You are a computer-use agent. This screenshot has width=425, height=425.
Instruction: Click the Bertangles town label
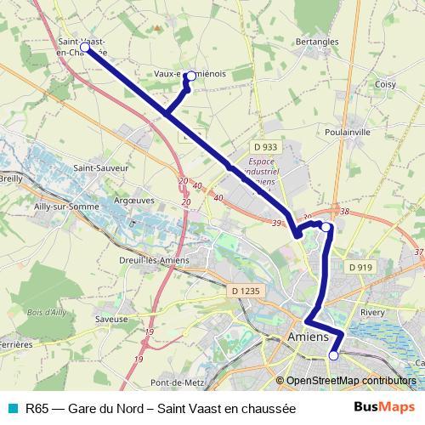click(316, 41)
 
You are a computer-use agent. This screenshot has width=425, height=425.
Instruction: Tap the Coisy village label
click(386, 84)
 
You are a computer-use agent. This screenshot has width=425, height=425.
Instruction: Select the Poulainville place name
click(348, 133)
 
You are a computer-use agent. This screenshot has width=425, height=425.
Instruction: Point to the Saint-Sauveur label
click(100, 168)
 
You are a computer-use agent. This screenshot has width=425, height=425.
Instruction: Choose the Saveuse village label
click(111, 320)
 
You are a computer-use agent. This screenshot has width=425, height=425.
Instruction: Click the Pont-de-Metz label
click(174, 382)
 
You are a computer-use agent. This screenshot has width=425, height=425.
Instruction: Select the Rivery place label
click(372, 313)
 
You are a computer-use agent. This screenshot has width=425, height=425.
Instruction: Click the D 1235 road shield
click(245, 292)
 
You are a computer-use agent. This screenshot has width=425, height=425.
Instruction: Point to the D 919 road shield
click(360, 267)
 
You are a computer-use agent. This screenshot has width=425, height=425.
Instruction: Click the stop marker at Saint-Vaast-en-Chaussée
click(85, 48)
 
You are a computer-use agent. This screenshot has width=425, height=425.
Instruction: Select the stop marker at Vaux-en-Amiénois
click(190, 76)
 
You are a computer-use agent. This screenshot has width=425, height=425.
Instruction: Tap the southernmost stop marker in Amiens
click(333, 356)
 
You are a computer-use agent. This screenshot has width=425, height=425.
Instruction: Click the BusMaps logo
click(383, 408)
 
